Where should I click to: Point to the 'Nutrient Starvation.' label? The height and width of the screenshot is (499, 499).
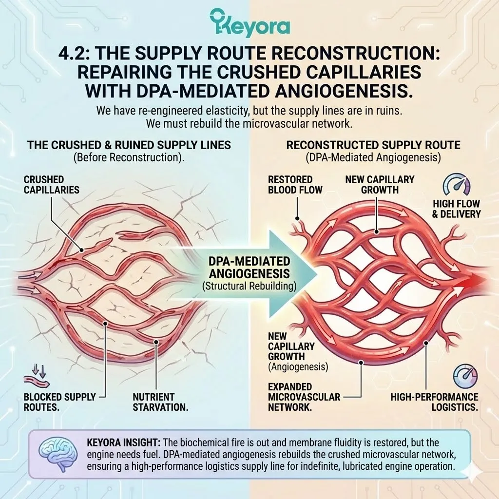click(160, 402)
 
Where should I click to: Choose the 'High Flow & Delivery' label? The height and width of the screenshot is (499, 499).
click(456, 208)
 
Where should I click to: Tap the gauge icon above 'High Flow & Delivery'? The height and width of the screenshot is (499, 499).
click(456, 185)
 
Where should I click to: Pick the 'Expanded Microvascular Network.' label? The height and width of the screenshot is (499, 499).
click(304, 396)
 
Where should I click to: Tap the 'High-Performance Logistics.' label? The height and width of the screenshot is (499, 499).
click(434, 402)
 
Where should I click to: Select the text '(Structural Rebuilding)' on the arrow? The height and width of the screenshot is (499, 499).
click(249, 286)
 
